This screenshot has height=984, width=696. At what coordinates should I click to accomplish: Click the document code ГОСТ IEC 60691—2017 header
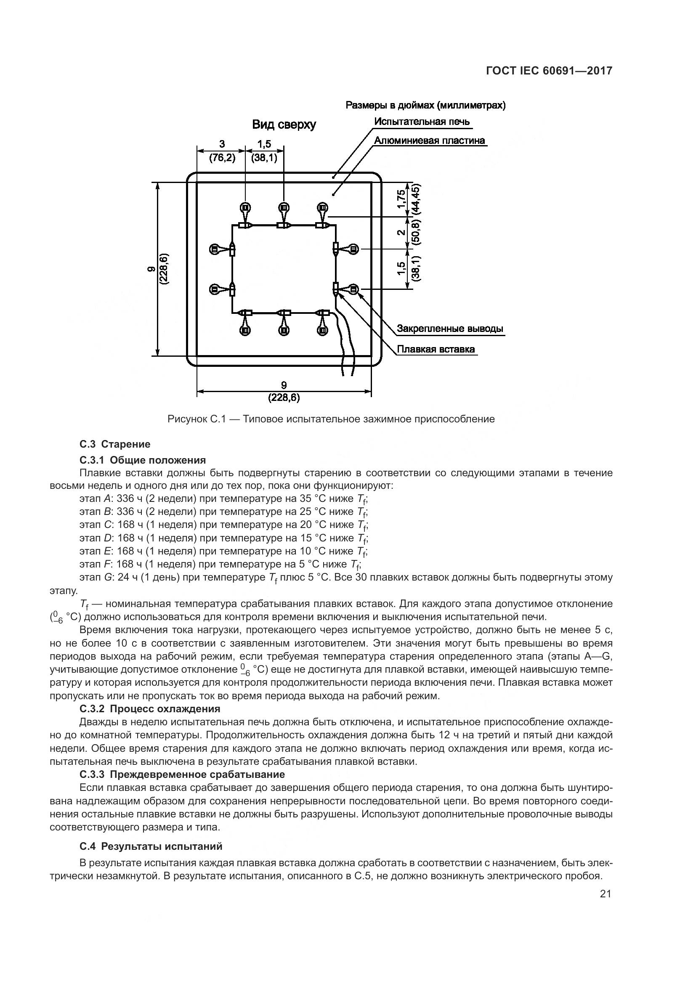point(549,71)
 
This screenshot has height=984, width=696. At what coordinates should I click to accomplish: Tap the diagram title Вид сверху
point(284,125)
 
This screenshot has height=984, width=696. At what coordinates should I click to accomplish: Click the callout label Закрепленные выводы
point(449,329)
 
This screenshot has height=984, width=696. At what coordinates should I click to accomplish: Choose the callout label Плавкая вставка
point(436,349)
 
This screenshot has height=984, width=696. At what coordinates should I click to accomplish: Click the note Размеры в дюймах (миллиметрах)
point(425,106)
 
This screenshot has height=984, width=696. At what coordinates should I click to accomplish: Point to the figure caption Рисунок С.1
point(331,419)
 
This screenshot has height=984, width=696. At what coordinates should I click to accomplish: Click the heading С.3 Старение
point(115,444)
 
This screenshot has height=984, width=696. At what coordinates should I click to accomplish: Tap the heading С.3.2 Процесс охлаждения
point(149,708)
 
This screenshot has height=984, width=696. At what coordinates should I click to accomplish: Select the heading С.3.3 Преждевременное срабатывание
point(182,774)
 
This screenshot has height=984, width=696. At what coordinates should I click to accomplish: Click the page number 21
point(606,894)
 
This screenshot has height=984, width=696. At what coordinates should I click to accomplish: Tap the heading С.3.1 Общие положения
point(143,460)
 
